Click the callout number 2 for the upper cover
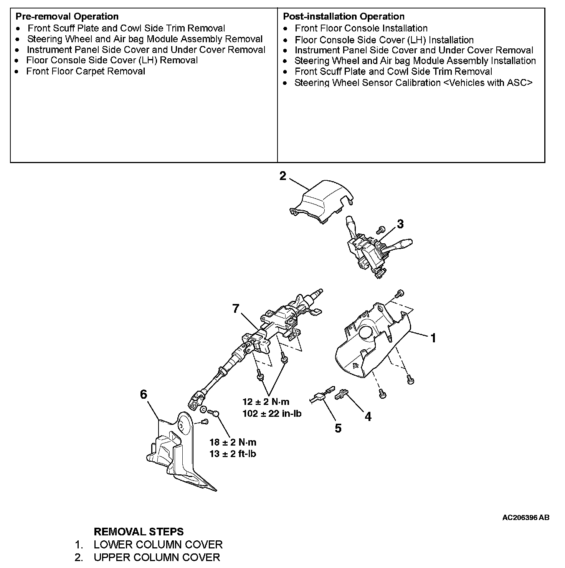point(283,176)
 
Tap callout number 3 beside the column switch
point(400,224)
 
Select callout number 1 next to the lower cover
point(433,338)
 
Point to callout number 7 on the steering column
point(236,308)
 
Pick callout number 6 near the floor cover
point(144,394)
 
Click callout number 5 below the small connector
point(338,428)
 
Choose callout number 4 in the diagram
point(368,416)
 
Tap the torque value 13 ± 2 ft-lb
point(233,454)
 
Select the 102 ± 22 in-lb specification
point(272,414)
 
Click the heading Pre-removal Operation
point(67,17)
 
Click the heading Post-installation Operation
point(344,17)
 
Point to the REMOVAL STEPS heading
point(139,532)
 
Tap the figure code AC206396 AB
point(525,518)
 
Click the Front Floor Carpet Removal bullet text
point(86,71)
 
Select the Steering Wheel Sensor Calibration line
point(413,83)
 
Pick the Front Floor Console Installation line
point(361,28)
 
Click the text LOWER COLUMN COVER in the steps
point(158,545)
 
